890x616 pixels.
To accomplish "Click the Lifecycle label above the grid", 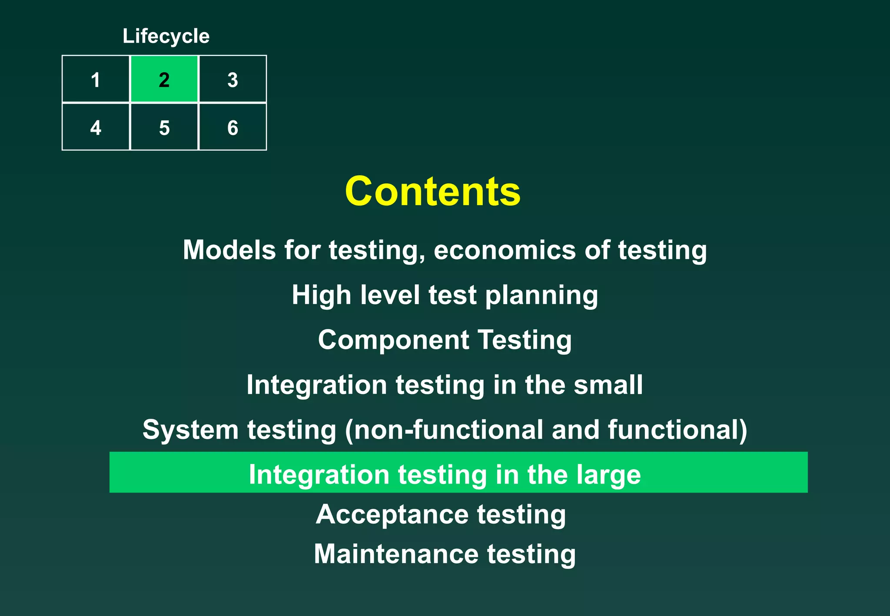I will [166, 36].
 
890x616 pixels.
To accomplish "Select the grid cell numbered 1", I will [96, 79].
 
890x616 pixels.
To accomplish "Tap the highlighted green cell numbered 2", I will [164, 79].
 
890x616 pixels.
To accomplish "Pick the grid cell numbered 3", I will [232, 79].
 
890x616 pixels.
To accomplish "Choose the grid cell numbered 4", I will [96, 127].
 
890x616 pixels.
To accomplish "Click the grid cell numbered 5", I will [164, 127].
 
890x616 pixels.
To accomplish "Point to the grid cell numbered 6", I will [232, 127].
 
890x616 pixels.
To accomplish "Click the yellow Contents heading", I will [432, 192].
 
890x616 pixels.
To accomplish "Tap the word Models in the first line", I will [229, 250].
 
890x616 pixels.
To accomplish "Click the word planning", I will [541, 296].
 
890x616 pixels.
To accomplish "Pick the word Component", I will [393, 340].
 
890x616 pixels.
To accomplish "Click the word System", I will [190, 430].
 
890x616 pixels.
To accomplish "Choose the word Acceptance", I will [392, 515].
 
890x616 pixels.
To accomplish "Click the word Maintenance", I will [396, 554].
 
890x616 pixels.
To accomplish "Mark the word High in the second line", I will [321, 295].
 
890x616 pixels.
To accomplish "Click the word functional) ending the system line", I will [677, 430].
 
